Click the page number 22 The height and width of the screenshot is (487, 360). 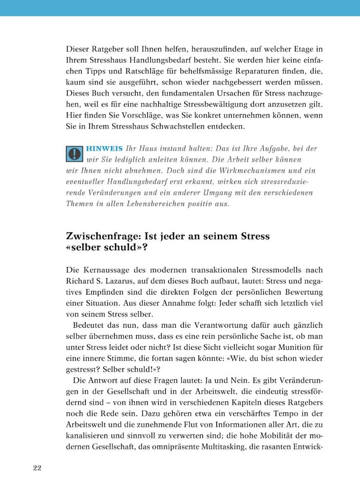click(37, 468)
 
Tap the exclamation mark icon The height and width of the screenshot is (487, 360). click(74, 154)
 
